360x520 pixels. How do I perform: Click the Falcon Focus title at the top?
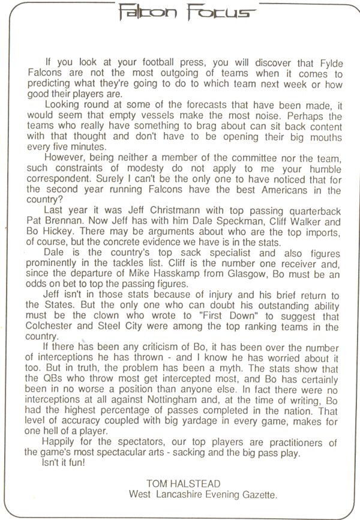(181, 10)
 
